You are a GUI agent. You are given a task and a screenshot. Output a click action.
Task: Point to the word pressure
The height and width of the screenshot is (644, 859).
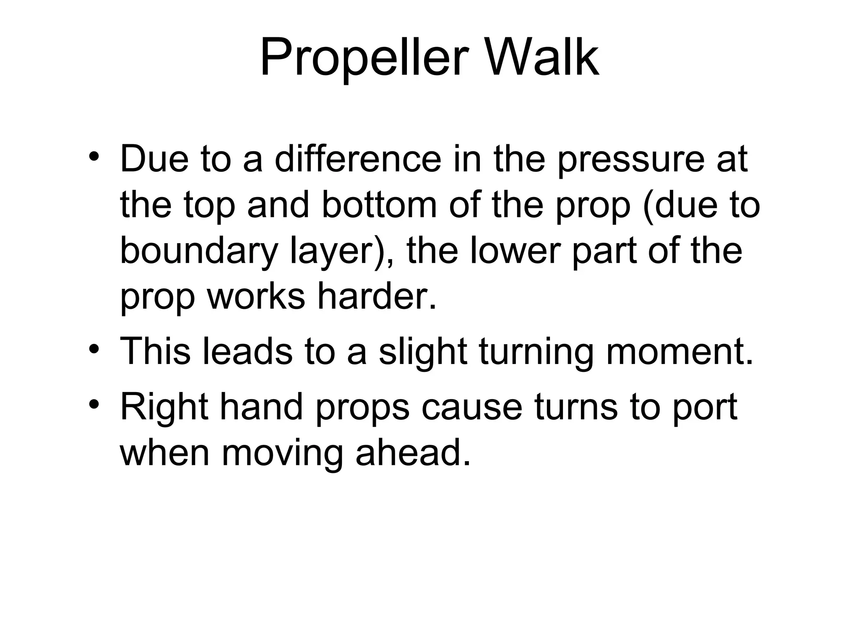pyautogui.click(x=631, y=161)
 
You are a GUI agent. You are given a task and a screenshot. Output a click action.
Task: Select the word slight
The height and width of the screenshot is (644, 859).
pyautogui.click(x=423, y=353)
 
